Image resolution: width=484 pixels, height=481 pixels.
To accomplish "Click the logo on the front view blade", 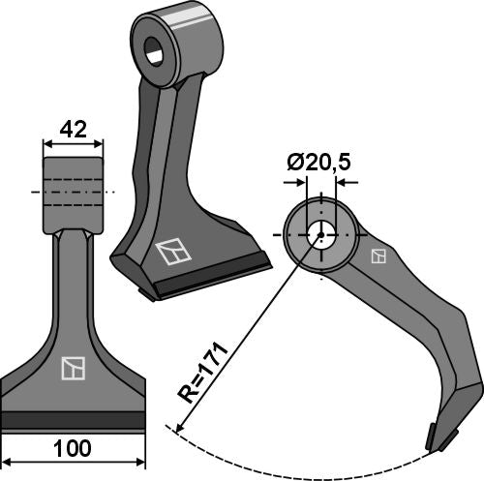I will (x=73, y=368).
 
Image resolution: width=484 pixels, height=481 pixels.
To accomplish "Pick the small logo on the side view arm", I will (x=378, y=256).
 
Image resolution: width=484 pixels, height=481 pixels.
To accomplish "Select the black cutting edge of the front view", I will (x=73, y=420).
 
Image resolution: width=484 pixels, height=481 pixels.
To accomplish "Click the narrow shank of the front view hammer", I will (x=73, y=281).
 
